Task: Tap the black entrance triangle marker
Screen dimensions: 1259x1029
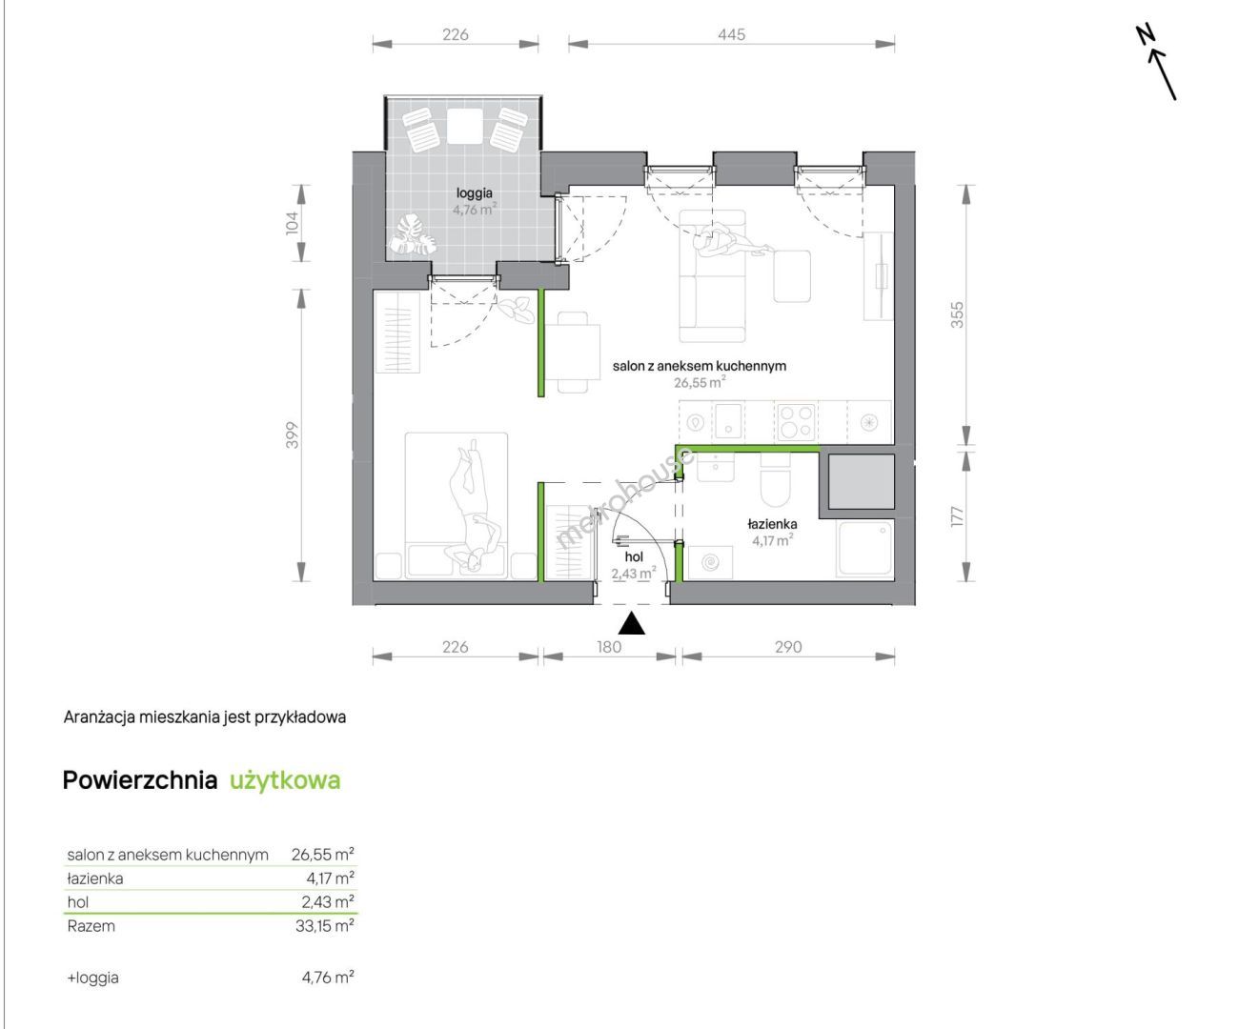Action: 631,624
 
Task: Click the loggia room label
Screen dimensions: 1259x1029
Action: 474,192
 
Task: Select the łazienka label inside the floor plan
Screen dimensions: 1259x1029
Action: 772,523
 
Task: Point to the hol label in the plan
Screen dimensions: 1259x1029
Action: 634,556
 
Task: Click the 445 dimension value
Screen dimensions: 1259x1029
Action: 731,34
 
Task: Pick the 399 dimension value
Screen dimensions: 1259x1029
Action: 292,435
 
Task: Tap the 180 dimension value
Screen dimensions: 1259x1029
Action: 609,647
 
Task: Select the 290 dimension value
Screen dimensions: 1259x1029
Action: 788,647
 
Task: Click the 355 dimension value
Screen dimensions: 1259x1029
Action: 957,314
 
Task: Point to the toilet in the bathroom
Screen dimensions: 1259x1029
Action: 776,478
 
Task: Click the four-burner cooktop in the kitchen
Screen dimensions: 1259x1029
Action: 797,421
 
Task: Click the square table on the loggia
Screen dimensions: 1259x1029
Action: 464,127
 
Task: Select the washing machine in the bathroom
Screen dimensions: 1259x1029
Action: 710,562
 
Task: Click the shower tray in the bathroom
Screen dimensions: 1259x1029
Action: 865,548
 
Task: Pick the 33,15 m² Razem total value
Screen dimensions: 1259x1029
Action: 325,926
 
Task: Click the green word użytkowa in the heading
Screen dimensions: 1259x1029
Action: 285,780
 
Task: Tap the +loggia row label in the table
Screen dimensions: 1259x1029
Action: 92,978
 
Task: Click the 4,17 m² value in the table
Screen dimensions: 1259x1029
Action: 330,878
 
